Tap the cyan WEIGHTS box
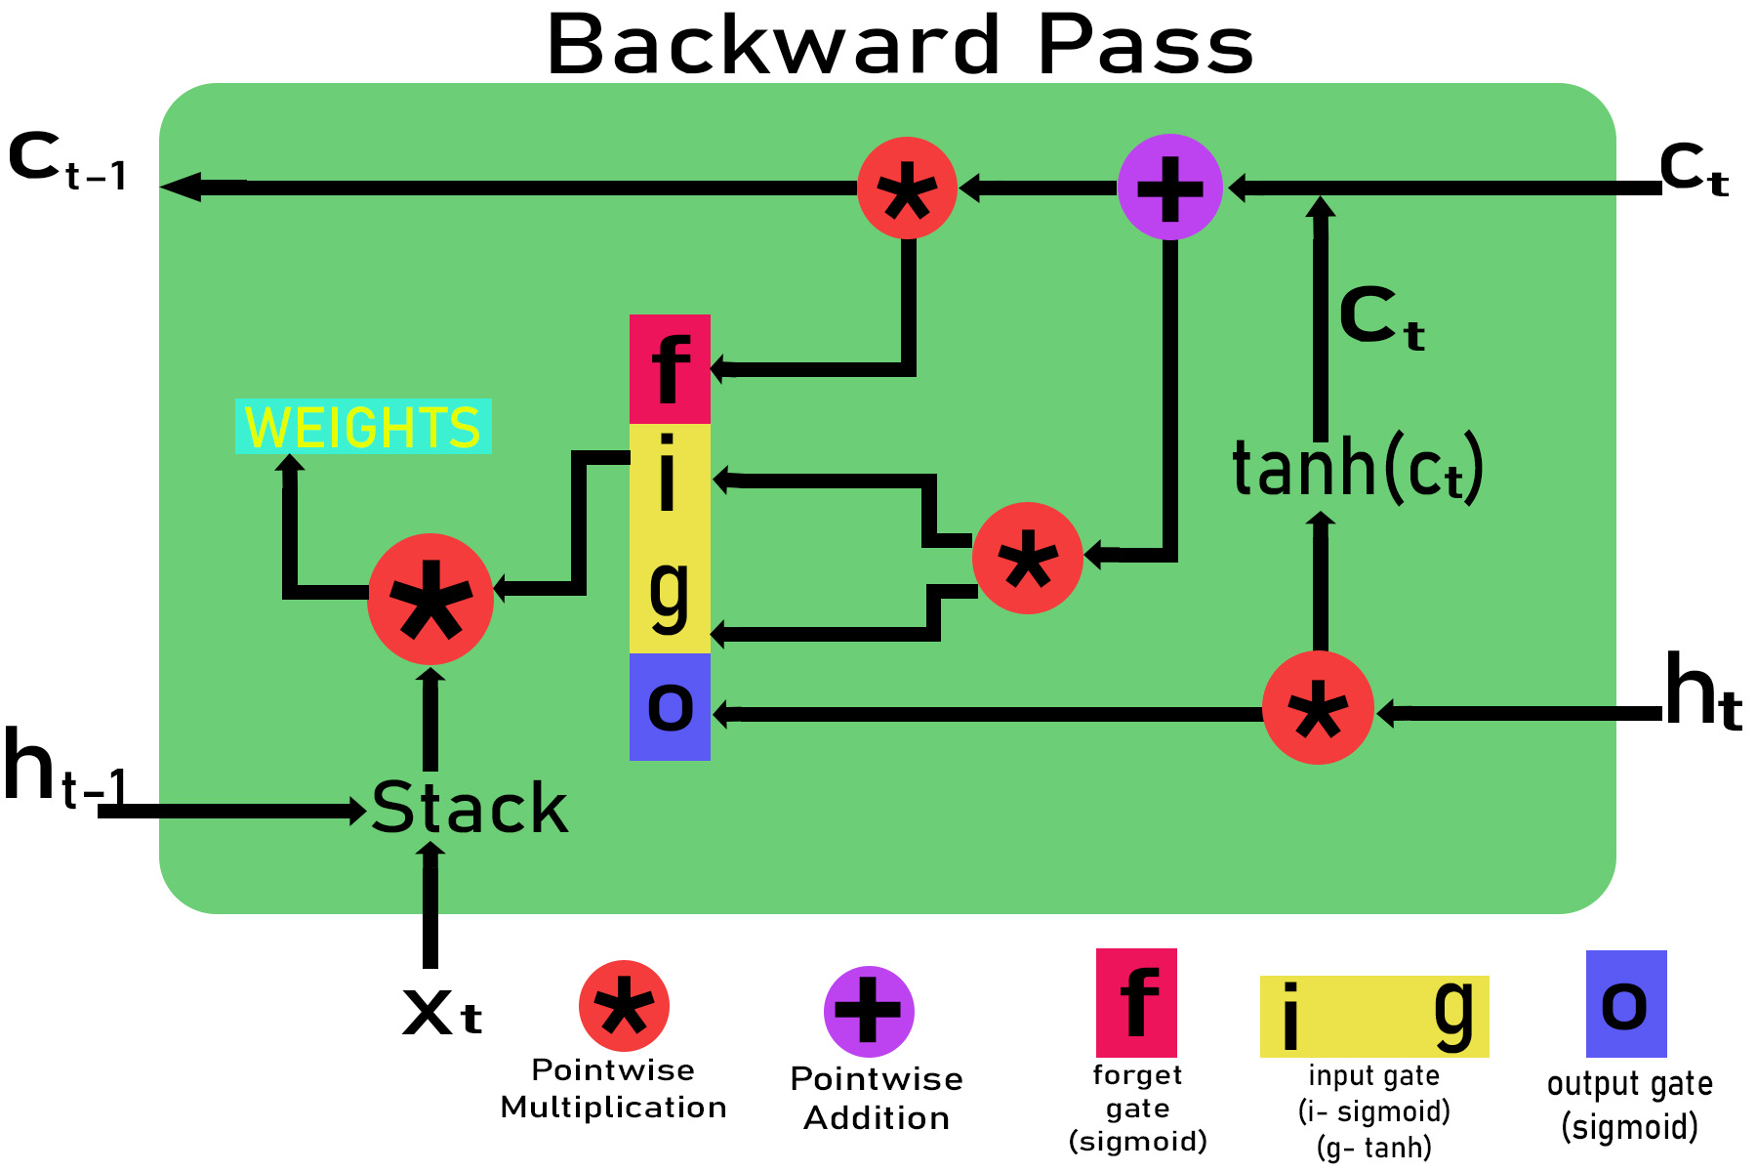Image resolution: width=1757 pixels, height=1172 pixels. coord(363,427)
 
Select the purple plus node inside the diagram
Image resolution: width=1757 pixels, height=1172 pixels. coord(1169,188)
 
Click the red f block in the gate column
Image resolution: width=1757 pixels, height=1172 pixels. coord(670,368)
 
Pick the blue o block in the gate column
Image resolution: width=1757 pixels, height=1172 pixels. coord(670,707)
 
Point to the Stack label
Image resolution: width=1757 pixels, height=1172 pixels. coord(470,809)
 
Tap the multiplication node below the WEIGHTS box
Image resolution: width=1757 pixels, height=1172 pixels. coord(430,599)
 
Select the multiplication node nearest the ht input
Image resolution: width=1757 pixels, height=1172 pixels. coord(1318,708)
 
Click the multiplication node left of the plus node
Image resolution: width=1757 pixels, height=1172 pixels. coord(907,188)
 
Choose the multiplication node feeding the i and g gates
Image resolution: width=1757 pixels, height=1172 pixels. coord(1028,559)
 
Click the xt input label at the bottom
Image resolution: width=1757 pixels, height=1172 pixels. coord(441,1012)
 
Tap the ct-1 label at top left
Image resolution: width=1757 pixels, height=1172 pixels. coord(67,162)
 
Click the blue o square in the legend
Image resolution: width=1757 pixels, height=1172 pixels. coord(1625,1004)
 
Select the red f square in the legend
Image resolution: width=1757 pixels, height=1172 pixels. coord(1136,1002)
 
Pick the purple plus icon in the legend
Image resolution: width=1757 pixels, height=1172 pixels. coord(869,1012)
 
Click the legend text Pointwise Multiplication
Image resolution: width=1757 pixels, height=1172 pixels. coord(613,1089)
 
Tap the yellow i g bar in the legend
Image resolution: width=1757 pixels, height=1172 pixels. coord(1373,1017)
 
